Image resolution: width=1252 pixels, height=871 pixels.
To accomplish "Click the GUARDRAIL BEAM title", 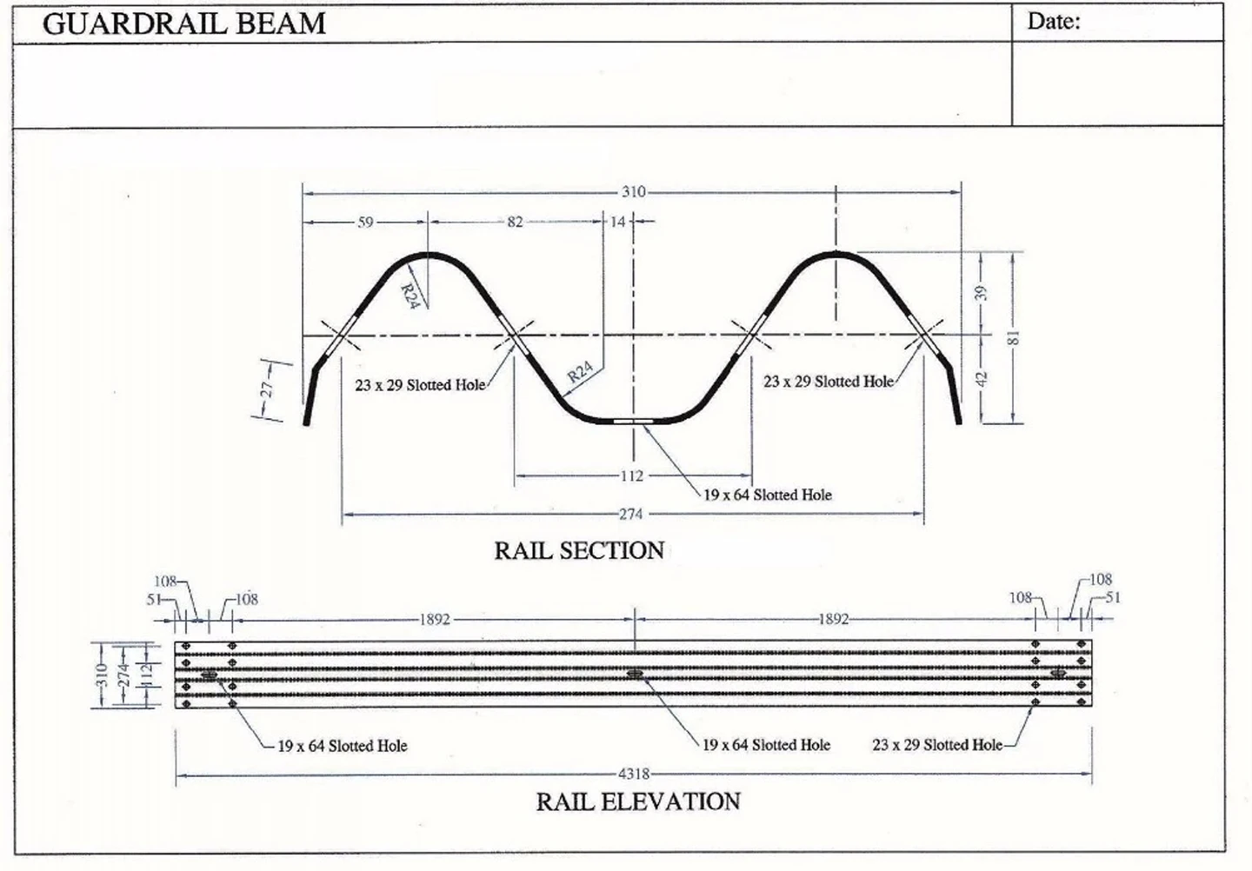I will pos(184,23).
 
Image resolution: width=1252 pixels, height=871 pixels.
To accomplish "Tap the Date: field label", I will pos(1054,22).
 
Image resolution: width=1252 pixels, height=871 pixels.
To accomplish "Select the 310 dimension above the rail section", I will pos(633,191).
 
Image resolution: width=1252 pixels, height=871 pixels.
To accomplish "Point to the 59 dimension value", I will pos(365,223).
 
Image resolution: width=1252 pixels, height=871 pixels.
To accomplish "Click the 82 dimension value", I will pos(516,223).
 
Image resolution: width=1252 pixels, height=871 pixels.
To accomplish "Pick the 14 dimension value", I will pos(617,223).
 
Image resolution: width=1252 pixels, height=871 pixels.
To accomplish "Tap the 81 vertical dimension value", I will pos(1013,337).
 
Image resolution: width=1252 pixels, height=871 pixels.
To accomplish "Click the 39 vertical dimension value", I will pos(982,293).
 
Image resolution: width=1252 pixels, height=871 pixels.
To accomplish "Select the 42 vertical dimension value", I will pos(982,379).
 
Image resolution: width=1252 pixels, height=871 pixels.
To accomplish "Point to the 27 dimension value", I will pos(267,389).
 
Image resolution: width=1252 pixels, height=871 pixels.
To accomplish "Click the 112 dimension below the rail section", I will pos(632,475).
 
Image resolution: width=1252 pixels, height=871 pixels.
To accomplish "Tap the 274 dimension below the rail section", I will pos(630,515).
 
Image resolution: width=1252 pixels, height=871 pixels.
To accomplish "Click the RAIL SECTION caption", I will pos(579,550).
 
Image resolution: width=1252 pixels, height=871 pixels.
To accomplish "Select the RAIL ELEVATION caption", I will pos(638,801).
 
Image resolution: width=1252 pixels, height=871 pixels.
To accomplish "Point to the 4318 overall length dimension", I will pos(634,774).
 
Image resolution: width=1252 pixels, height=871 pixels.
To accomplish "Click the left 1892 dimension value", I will pos(435,620).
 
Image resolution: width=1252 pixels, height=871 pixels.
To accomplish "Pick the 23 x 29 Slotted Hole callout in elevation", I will pos(937,745).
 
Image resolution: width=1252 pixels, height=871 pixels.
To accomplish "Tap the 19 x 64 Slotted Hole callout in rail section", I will pos(767,495).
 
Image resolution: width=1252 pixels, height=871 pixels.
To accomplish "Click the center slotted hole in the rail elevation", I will pos(634,674).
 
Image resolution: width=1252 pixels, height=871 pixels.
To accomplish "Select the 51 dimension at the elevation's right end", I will pos(1113,597).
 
